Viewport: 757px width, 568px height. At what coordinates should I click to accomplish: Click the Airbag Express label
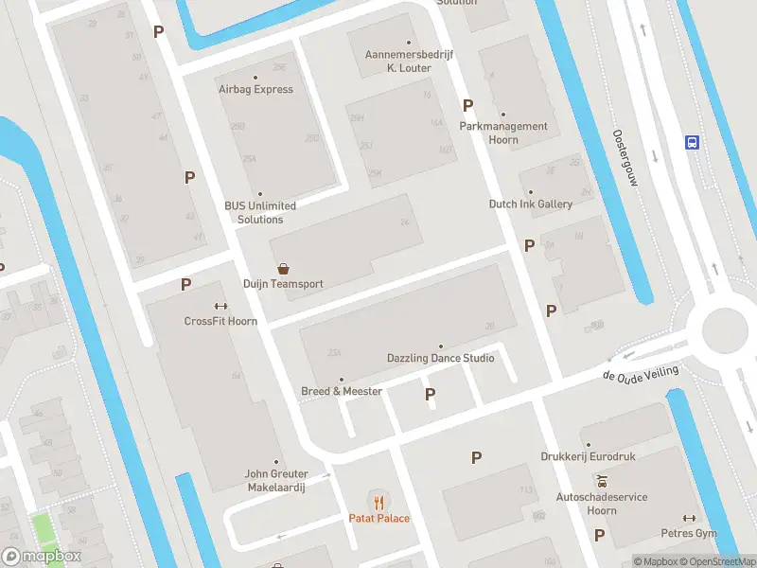pyautogui.click(x=255, y=89)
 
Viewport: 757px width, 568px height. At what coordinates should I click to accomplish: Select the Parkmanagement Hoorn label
pyautogui.click(x=503, y=133)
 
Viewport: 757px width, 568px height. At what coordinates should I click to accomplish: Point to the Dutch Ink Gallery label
pyautogui.click(x=530, y=204)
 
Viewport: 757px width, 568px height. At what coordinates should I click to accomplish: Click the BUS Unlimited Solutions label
pyautogui.click(x=260, y=212)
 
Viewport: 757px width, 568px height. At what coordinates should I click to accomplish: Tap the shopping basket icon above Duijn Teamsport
pyautogui.click(x=283, y=269)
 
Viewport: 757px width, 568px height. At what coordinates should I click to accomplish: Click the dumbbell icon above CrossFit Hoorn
pyautogui.click(x=220, y=306)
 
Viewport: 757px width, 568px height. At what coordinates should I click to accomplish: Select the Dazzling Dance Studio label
pyautogui.click(x=440, y=358)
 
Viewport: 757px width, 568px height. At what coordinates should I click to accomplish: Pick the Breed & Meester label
pyautogui.click(x=342, y=391)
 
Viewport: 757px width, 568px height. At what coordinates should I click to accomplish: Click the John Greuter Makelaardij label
pyautogui.click(x=275, y=480)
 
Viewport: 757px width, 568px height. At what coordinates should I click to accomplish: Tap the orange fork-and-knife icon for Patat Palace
pyautogui.click(x=379, y=502)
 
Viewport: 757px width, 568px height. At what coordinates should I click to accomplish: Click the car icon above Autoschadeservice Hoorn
pyautogui.click(x=600, y=481)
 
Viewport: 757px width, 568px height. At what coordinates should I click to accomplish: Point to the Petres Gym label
pyautogui.click(x=689, y=532)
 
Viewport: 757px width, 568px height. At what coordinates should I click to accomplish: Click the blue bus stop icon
pyautogui.click(x=693, y=143)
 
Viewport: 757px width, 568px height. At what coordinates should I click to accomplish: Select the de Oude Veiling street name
pyautogui.click(x=641, y=374)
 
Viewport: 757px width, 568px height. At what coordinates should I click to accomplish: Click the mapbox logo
pyautogui.click(x=42, y=557)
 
